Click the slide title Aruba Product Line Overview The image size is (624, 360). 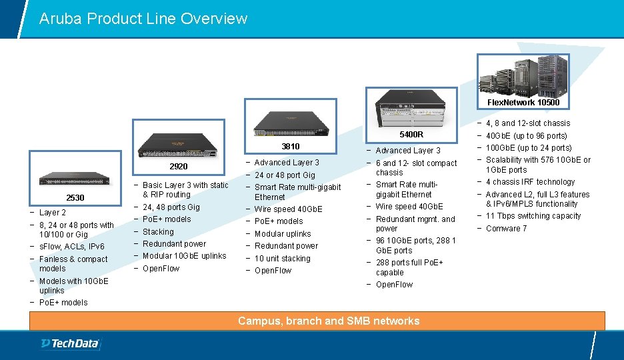(143, 19)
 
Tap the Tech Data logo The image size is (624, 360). (70, 344)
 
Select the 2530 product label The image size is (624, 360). (75, 198)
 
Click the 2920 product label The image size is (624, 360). (178, 166)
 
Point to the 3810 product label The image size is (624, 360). (290, 146)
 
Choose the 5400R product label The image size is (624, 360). (411, 134)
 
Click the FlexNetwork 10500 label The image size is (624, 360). (523, 103)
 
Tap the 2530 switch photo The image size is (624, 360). (75, 179)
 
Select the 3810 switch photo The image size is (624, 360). (291, 123)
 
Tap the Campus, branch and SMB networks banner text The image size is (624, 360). (329, 321)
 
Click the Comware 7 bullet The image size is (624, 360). (507, 229)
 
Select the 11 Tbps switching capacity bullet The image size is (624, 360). (533, 216)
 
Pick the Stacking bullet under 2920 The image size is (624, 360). (158, 232)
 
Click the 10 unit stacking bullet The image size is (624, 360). (282, 259)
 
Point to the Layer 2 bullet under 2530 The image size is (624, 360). (53, 213)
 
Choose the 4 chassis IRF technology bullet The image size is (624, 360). (530, 182)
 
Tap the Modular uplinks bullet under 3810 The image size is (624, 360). (283, 234)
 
